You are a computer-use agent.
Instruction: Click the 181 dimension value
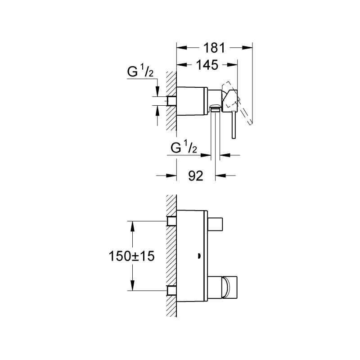(214, 48)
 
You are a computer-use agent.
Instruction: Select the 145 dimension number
(207, 65)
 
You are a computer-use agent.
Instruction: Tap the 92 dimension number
(196, 176)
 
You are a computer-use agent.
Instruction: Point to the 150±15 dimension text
(131, 256)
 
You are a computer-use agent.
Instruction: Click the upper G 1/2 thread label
(140, 71)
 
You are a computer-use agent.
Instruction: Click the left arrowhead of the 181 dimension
(181, 48)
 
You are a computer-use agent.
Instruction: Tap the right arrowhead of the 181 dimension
(247, 48)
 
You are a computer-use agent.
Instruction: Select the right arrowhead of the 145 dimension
(232, 65)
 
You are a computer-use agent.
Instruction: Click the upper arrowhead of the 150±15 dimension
(132, 226)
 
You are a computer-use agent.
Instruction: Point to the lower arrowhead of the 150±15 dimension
(132, 286)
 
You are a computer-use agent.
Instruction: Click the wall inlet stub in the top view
(171, 101)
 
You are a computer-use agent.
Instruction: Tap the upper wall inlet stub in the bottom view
(171, 221)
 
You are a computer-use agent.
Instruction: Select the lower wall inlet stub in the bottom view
(171, 291)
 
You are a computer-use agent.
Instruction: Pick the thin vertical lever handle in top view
(234, 125)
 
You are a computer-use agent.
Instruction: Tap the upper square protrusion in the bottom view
(215, 224)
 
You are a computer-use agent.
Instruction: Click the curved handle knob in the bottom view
(226, 288)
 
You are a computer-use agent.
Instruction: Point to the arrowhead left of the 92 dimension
(171, 176)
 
